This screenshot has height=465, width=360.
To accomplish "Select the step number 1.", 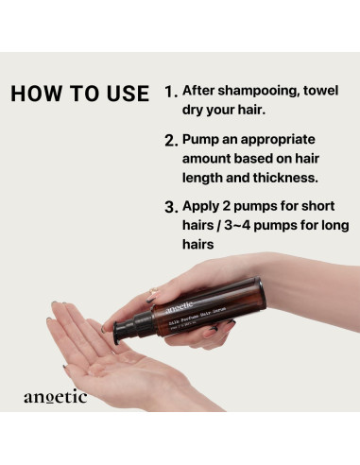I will tap(170, 94).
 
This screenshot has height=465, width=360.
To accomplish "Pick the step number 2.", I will tap(170, 141).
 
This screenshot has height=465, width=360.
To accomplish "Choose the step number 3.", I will tap(170, 207).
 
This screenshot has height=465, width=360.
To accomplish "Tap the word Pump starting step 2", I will tap(204, 140).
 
